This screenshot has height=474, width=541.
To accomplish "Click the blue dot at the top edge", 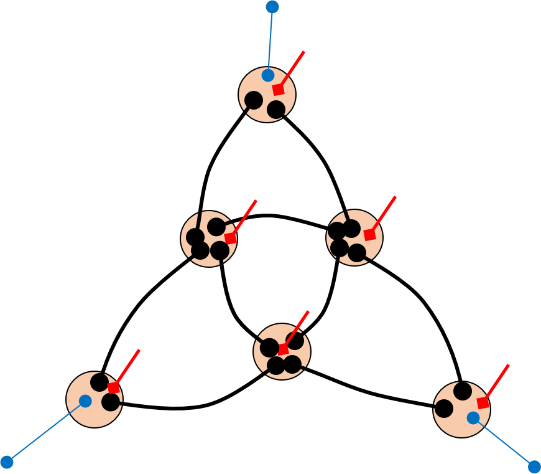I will pos(272,7).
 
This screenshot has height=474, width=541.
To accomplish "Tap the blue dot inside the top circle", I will pos(268,75).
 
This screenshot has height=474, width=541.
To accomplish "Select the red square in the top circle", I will pos(278,89).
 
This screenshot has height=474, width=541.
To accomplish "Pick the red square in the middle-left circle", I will pos(230,238).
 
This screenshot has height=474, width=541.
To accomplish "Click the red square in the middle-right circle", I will pos(370,235).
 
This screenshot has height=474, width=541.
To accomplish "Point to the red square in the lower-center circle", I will pos(283,349).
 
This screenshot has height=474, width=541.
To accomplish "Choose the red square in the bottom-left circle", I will pos(113,387).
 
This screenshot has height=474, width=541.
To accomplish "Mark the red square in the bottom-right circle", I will pos(483,402).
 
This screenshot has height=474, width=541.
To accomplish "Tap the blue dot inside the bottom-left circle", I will pos(86,401).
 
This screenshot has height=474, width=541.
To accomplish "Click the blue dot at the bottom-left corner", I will pos(7,462).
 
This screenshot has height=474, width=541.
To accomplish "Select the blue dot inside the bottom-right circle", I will pos(473,418).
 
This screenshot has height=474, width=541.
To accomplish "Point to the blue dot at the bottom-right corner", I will pos(534,467).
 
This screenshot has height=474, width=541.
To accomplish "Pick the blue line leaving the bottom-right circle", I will pos(504,442).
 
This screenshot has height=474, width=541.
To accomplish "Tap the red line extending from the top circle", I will pos(293,69).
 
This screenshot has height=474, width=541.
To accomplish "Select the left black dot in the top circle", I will pos(254,100).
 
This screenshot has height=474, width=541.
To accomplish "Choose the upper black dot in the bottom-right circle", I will pos(463,391).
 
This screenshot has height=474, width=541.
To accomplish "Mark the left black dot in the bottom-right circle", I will pos(444,409).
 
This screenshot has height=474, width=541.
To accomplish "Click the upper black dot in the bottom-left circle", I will pos(99,382).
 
